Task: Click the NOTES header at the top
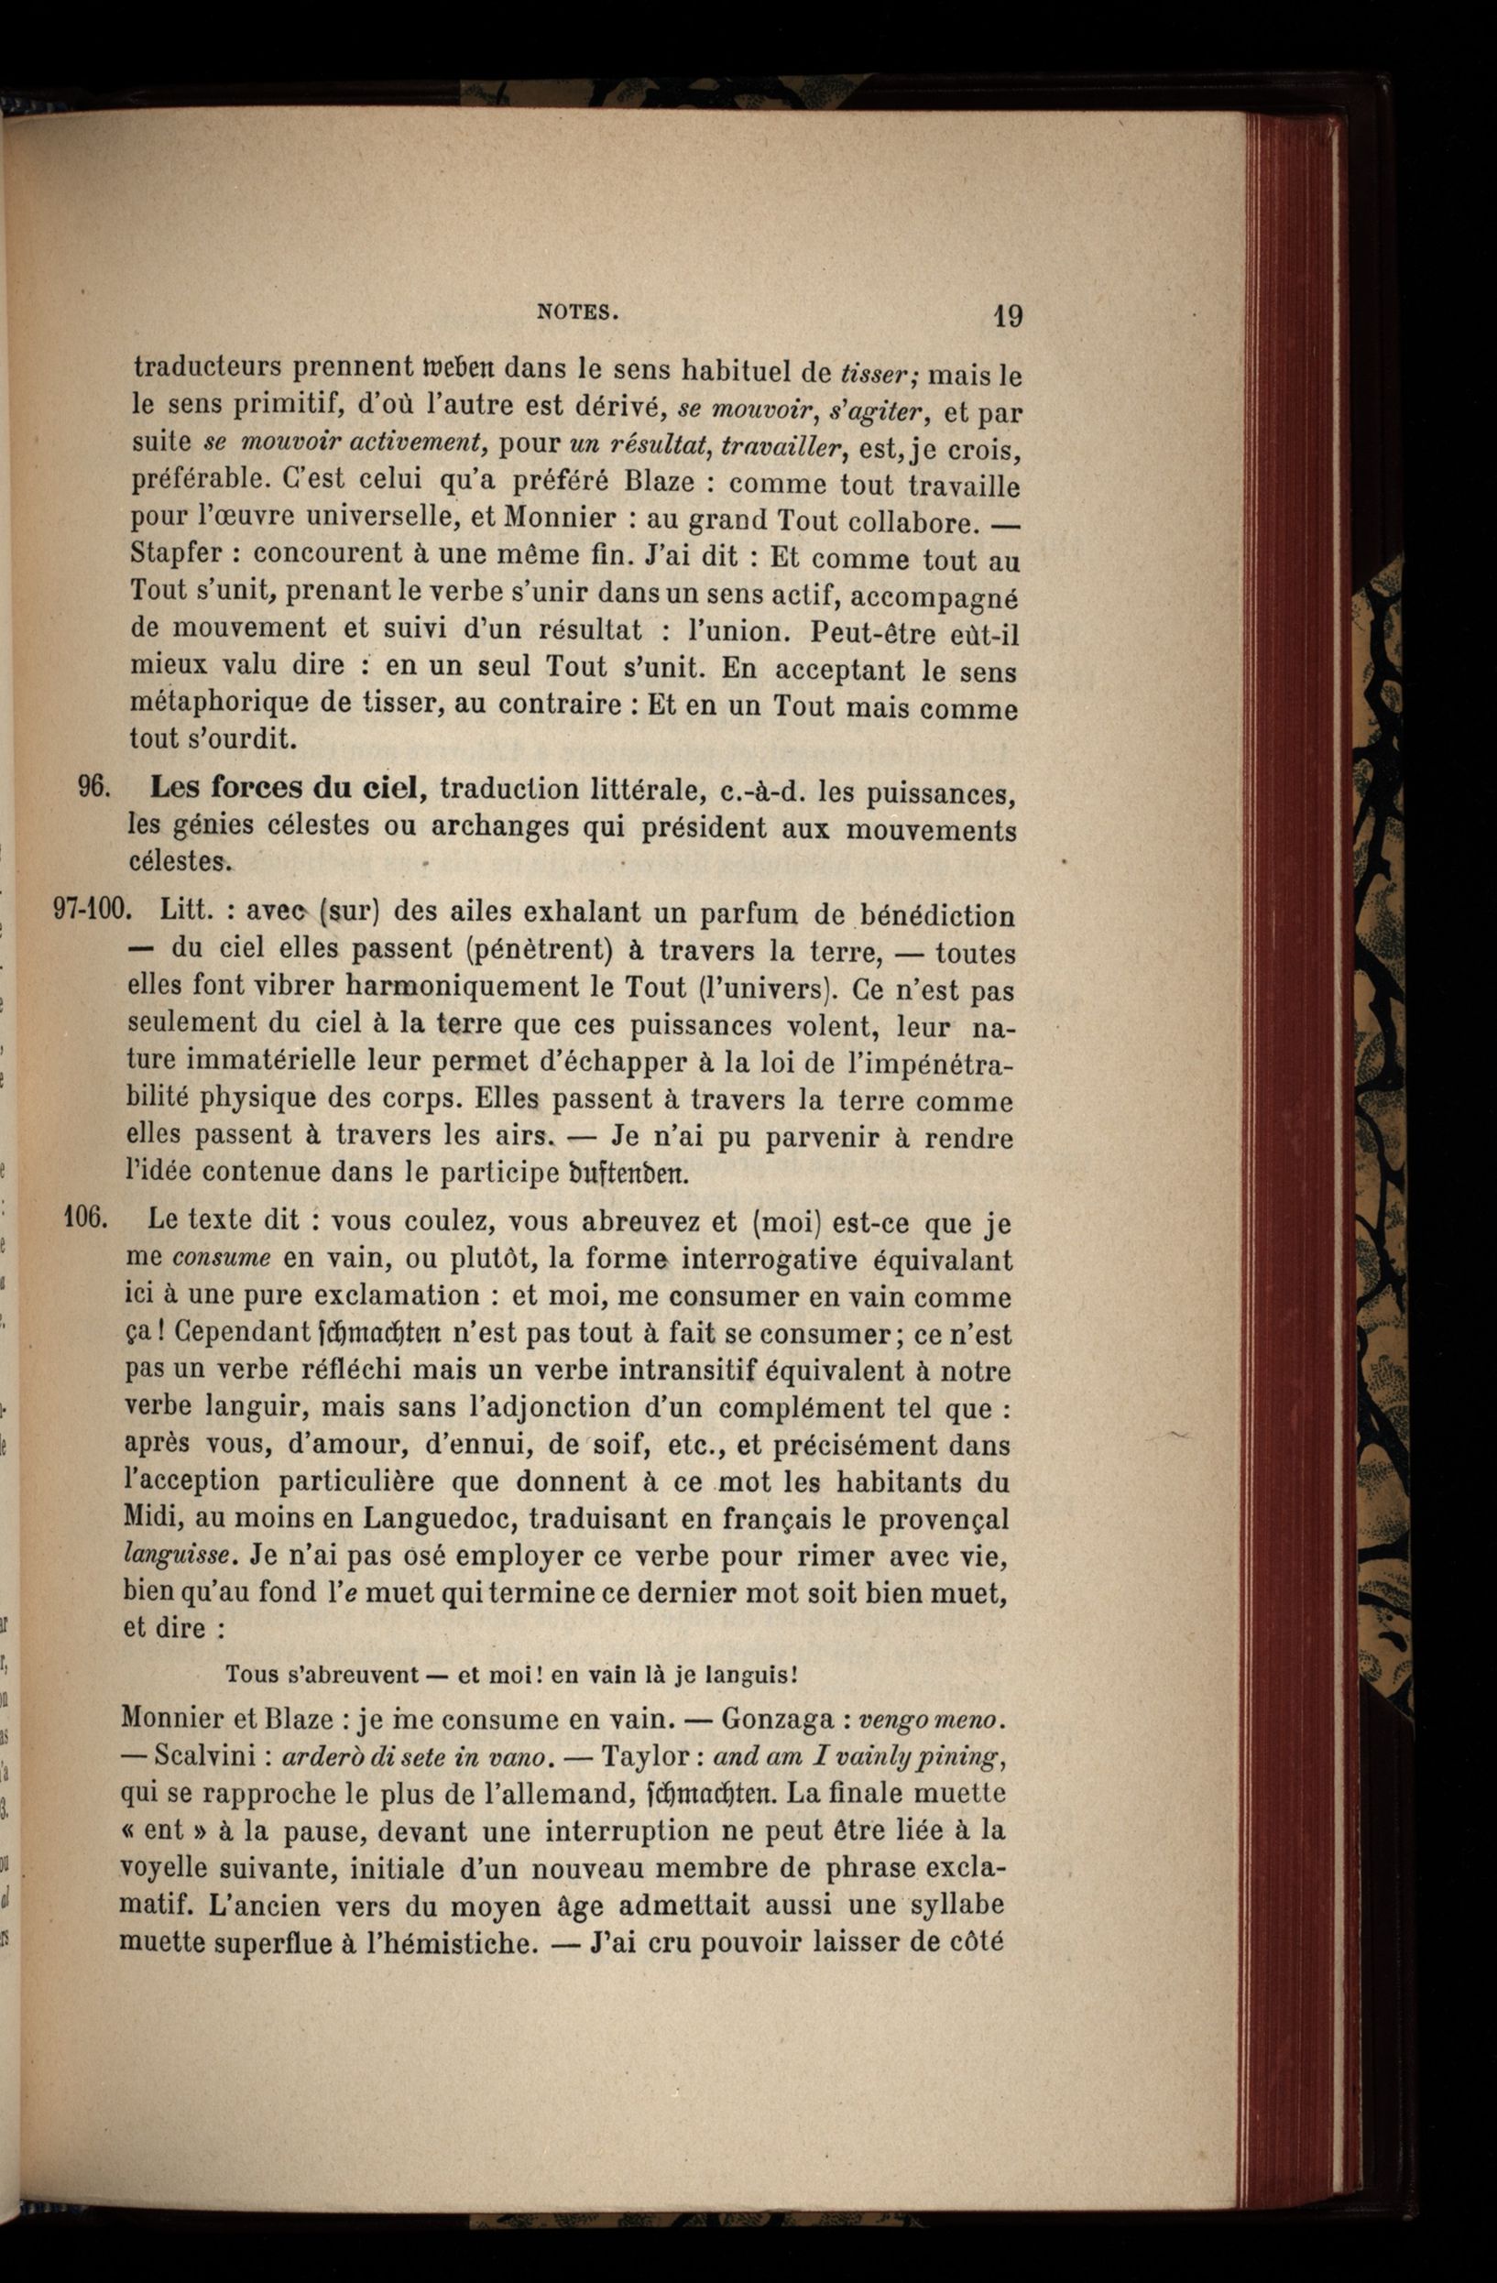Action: [577, 311]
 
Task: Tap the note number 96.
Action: [94, 787]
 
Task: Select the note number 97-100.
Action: [91, 909]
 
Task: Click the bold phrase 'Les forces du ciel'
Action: [286, 788]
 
